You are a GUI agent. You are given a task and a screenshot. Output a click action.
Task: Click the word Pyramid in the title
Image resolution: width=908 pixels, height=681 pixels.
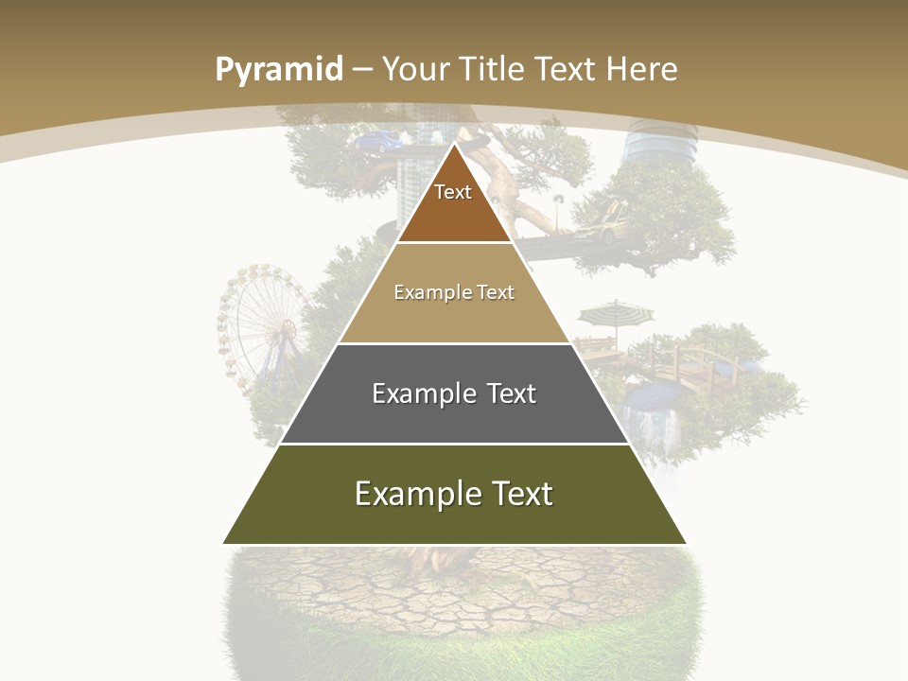coord(278,70)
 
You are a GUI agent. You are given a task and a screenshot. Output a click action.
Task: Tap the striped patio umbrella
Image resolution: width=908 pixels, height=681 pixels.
coord(615,312)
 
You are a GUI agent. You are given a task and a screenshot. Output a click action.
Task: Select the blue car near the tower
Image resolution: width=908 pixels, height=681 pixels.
coord(376,142)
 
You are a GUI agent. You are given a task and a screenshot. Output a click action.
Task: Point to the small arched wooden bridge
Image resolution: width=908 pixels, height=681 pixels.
coord(695,364)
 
